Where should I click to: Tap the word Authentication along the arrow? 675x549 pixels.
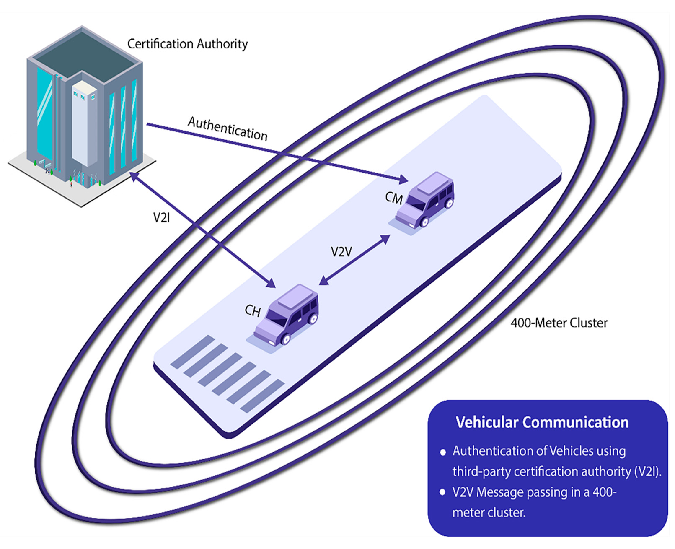click(x=228, y=129)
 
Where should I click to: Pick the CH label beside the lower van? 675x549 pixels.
click(x=253, y=311)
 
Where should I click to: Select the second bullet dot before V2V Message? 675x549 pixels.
click(x=442, y=492)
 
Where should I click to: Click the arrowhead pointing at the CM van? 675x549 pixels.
click(x=403, y=179)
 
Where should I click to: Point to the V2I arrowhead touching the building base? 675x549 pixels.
click(x=134, y=176)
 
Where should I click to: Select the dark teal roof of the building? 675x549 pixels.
click(x=82, y=54)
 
